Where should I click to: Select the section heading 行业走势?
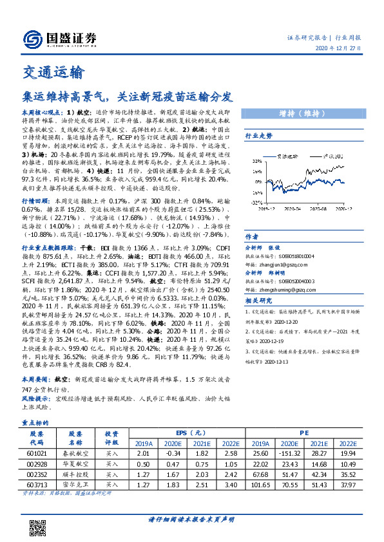pos(259,136)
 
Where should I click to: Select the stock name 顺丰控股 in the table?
pos(77,475)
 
